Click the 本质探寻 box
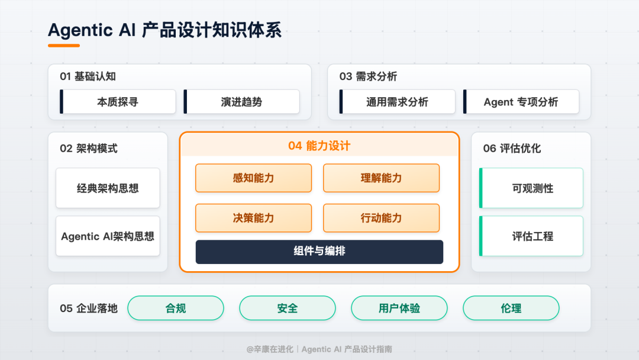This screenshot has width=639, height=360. [118, 102]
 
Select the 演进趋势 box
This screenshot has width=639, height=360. [241, 102]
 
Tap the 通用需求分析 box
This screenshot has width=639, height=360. [397, 102]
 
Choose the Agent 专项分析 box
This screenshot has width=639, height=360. [521, 102]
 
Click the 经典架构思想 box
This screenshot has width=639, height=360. [108, 188]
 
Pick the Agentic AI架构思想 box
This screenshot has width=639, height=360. [108, 236]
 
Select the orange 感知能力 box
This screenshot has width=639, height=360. [253, 178]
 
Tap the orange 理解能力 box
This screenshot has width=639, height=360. [381, 178]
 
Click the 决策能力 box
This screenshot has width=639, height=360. [253, 218]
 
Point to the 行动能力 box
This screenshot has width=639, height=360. [381, 218]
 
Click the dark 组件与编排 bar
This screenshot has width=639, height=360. [319, 252]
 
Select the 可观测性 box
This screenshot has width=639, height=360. [532, 188]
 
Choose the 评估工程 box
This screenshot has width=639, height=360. [532, 236]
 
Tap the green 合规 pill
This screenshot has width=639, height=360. [176, 308]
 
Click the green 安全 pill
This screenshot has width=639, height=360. [287, 308]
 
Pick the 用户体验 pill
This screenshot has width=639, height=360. [399, 308]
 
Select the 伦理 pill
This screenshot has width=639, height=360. [511, 308]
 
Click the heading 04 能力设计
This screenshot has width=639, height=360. [319, 146]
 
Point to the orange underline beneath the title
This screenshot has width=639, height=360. [64, 45]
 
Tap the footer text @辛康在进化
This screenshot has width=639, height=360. [270, 349]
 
